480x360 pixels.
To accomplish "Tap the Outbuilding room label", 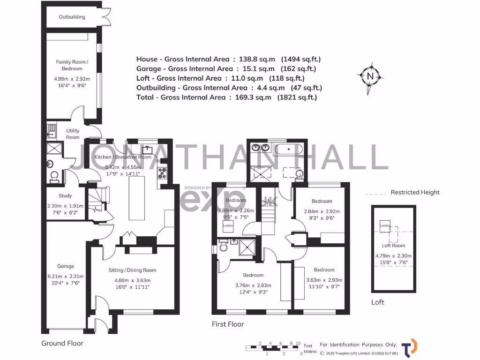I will point(72,17).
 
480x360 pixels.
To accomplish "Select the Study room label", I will point(66,196).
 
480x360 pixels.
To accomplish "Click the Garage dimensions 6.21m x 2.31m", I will point(66,277).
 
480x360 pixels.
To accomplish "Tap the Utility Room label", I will point(73,134).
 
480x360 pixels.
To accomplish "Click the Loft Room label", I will point(393,245).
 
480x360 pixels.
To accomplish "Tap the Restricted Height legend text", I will point(415,192).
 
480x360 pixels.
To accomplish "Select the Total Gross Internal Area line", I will point(226,97).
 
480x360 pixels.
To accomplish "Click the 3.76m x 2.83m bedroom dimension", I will point(253,285).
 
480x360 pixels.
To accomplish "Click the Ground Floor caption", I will point(62,343).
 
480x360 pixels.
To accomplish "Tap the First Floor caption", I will point(228,324).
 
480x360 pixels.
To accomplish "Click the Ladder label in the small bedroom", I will point(228,225).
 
